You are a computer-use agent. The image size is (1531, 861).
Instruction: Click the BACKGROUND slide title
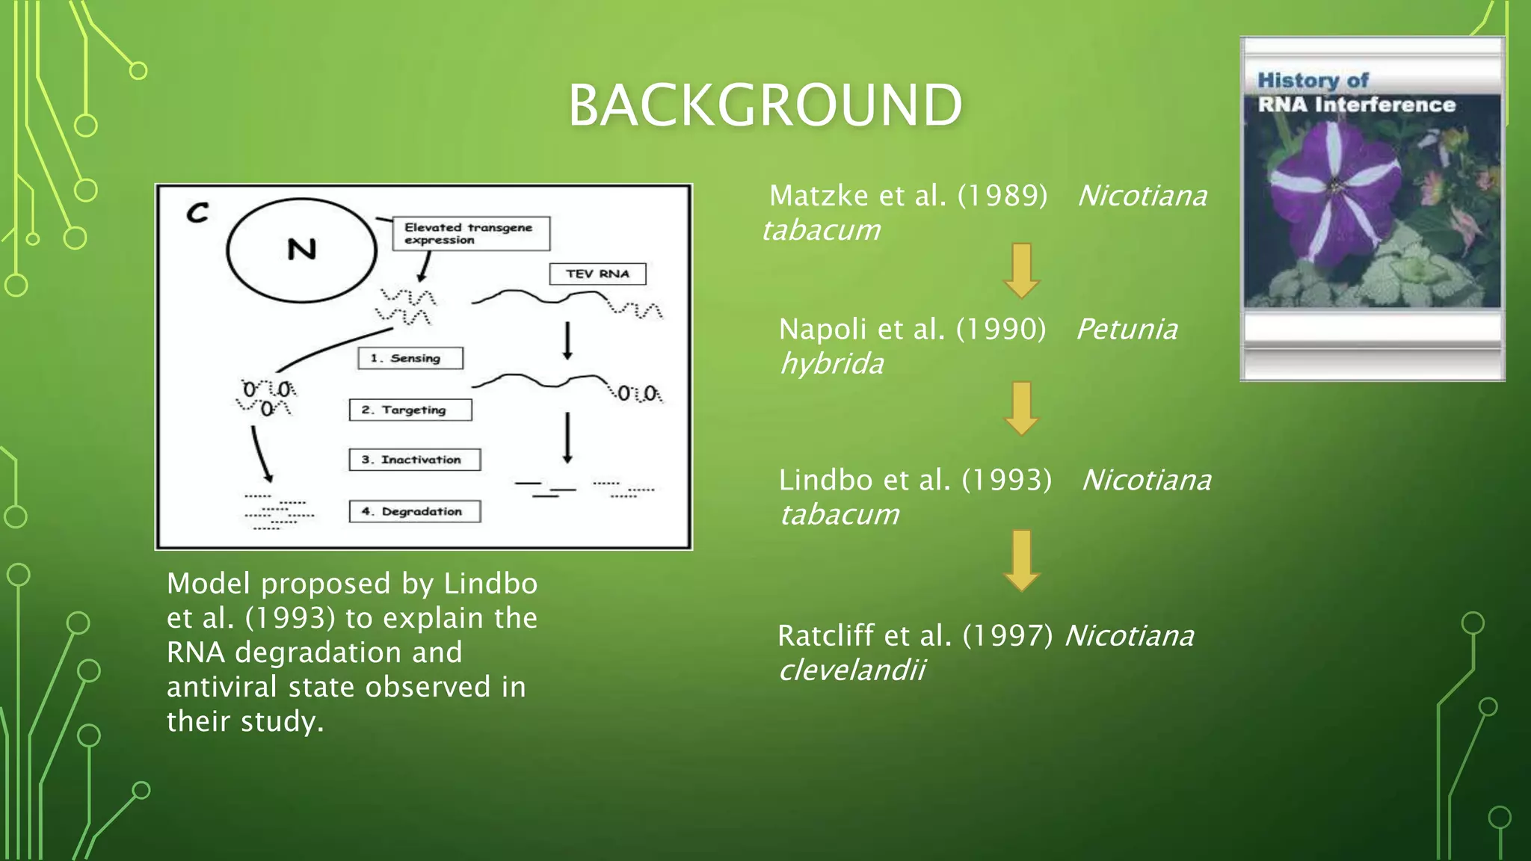pyautogui.click(x=765, y=105)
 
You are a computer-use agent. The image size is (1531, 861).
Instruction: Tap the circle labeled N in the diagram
pyautogui.click(x=301, y=250)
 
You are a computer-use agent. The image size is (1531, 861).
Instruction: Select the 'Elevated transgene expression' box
pyautogui.click(x=471, y=233)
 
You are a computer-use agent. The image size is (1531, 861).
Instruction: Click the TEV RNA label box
pyautogui.click(x=597, y=274)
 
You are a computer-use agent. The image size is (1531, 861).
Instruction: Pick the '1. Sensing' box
pyautogui.click(x=410, y=358)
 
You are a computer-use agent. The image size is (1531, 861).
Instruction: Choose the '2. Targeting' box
pyautogui.click(x=410, y=410)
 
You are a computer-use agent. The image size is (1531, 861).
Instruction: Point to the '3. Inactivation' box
pyautogui.click(x=414, y=460)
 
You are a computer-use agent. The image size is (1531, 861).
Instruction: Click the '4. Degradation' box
pyautogui.click(x=414, y=511)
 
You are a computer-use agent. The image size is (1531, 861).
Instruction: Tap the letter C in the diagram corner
pyautogui.click(x=197, y=213)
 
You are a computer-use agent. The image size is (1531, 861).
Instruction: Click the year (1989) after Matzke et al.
pyautogui.click(x=1002, y=196)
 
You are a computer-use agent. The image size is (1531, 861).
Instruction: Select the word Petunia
pyautogui.click(x=1127, y=329)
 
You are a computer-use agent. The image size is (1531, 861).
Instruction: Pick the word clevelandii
pyautogui.click(x=851, y=670)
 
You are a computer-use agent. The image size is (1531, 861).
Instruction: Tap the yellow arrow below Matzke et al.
pyautogui.click(x=1021, y=270)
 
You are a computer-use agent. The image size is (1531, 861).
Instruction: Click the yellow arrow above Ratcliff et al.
pyautogui.click(x=1021, y=560)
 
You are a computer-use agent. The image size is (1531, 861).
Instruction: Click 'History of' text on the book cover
pyautogui.click(x=1313, y=80)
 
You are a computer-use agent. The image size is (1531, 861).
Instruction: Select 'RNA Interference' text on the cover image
pyautogui.click(x=1356, y=105)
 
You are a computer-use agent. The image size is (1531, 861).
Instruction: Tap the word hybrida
pyautogui.click(x=831, y=364)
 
